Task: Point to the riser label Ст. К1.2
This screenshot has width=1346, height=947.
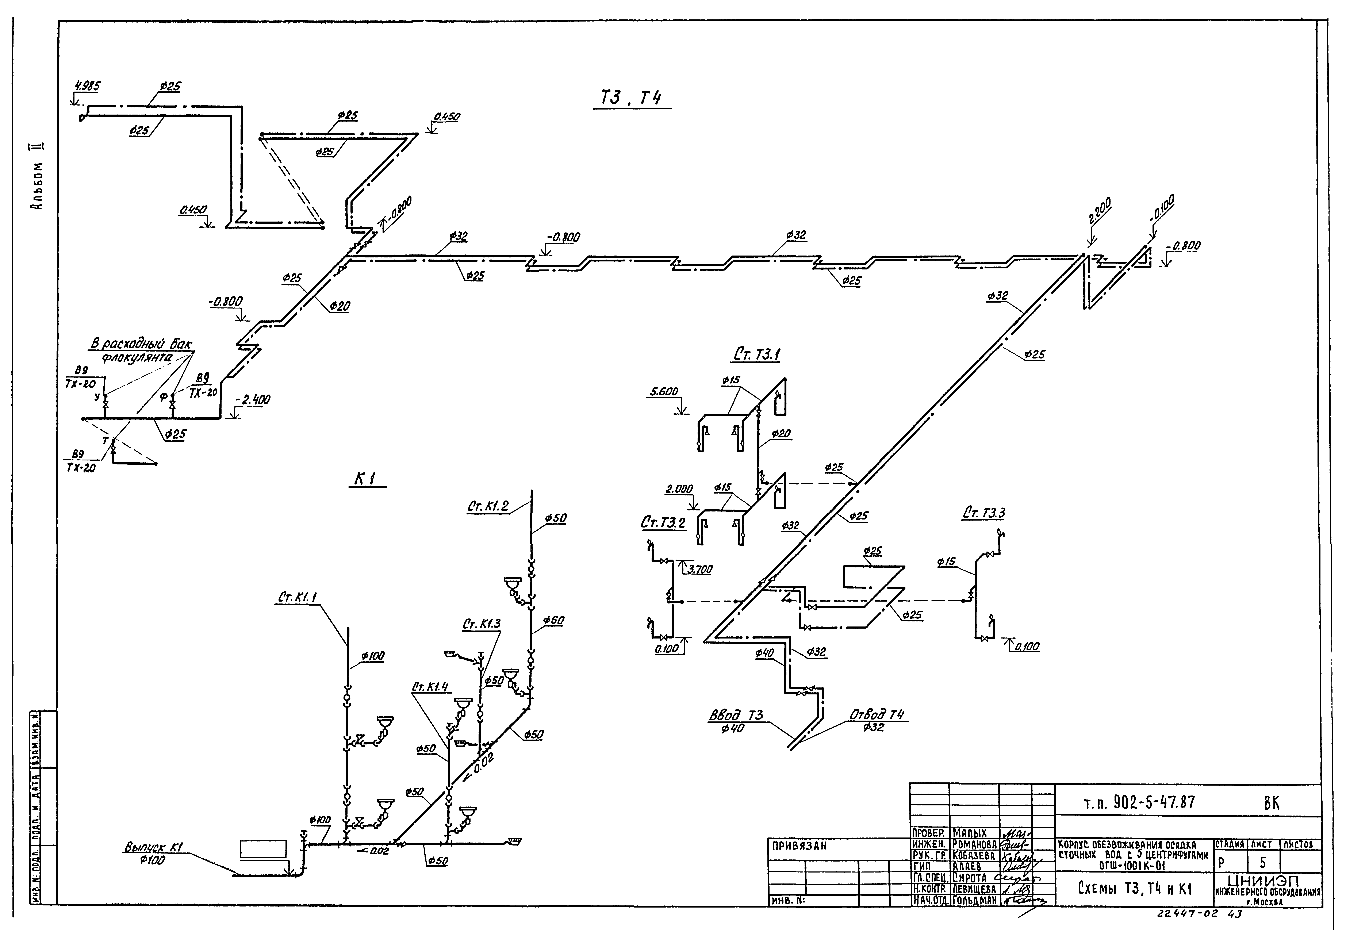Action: (x=488, y=507)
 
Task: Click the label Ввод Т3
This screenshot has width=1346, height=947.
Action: (x=736, y=715)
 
